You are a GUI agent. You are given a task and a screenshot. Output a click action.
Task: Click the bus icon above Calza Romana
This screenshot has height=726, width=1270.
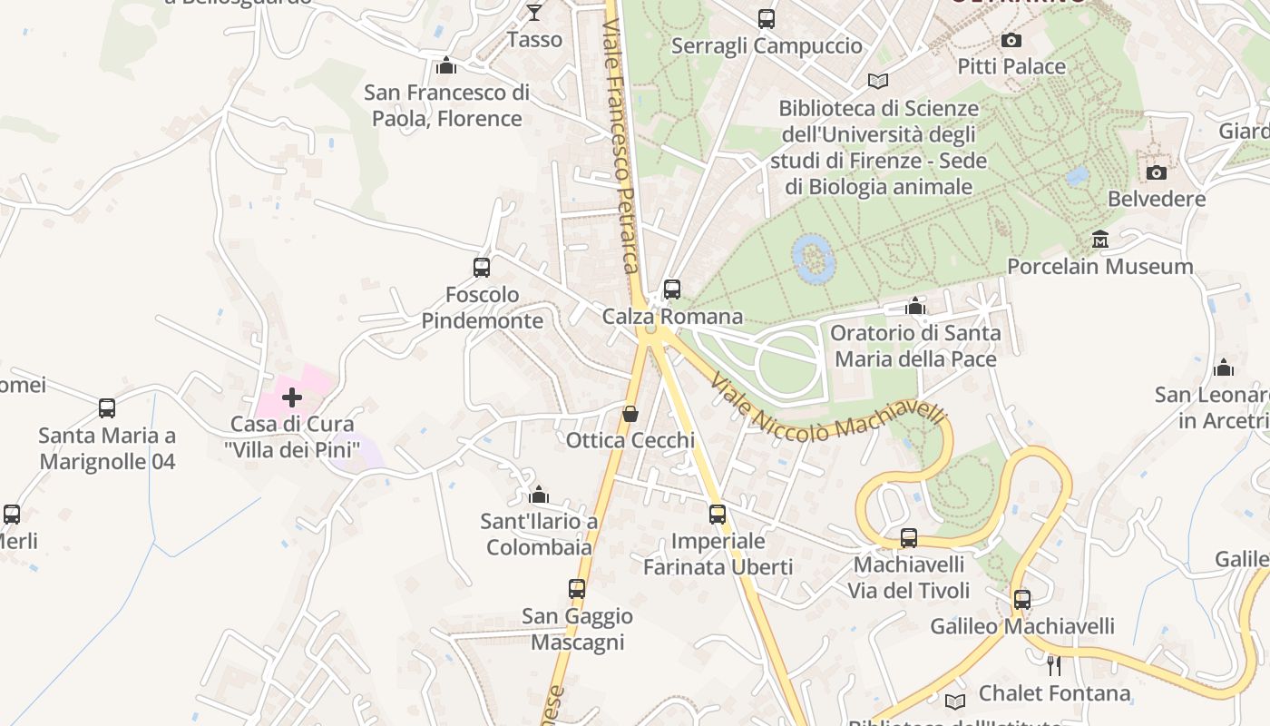[x=672, y=289]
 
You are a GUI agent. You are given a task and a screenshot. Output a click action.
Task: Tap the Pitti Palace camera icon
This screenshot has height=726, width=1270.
[x=1011, y=40]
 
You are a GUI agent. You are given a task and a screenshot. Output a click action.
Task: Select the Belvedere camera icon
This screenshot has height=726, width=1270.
[x=1157, y=172]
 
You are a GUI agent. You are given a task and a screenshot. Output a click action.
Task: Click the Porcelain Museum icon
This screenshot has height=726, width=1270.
[x=1100, y=240]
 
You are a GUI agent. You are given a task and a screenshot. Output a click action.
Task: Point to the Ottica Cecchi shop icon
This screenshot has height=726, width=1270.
[x=630, y=414]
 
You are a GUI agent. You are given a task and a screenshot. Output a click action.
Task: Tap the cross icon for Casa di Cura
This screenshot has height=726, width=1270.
[x=292, y=397]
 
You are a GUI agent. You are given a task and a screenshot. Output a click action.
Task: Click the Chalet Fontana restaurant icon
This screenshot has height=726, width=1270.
[x=1054, y=666]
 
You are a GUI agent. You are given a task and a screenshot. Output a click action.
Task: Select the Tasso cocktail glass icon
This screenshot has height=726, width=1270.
[x=534, y=13]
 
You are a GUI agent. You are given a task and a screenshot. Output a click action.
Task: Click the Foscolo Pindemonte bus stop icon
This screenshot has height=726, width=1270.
[x=482, y=268]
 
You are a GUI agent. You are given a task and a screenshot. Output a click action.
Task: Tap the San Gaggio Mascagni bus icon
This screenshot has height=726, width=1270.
[x=577, y=589]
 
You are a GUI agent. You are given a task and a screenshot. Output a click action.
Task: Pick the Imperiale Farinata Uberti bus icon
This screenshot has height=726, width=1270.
[x=718, y=515]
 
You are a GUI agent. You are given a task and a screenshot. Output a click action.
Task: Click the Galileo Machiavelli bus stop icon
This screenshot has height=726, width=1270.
[x=1022, y=600]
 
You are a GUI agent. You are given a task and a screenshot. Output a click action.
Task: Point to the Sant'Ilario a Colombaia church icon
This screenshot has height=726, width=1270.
[x=539, y=495]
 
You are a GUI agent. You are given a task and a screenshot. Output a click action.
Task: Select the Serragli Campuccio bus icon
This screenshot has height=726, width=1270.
[x=767, y=18]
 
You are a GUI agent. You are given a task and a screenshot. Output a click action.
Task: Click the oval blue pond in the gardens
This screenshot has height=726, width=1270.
[x=812, y=258]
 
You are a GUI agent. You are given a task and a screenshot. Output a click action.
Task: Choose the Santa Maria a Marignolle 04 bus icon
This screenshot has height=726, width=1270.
[x=107, y=408]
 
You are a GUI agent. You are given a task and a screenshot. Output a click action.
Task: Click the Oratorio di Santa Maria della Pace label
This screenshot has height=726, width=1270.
[x=915, y=346]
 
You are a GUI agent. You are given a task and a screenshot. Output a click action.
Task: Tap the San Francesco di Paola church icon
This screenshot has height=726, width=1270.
[x=445, y=65]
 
